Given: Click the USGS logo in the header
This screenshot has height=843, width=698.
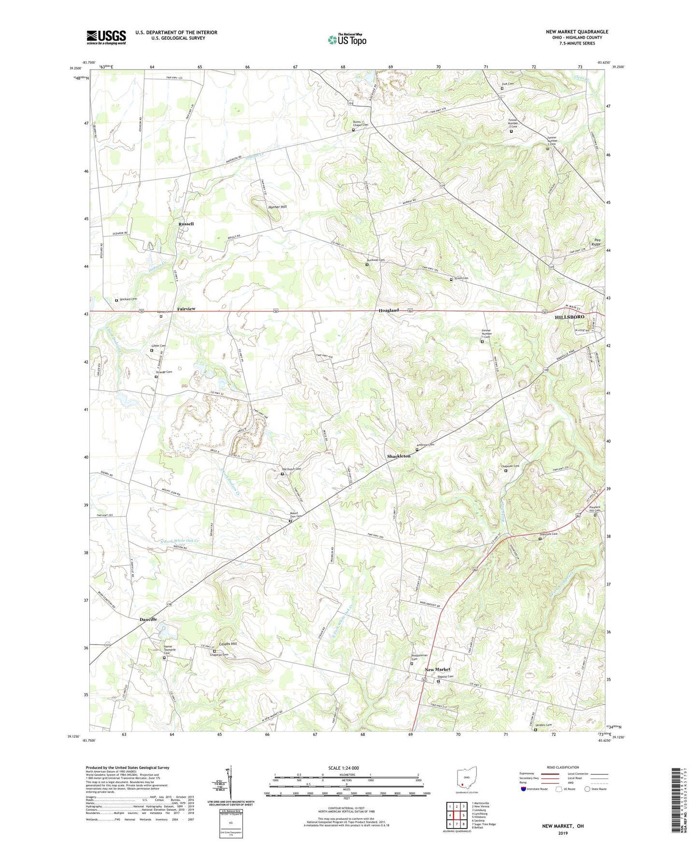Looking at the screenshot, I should [x=106, y=37].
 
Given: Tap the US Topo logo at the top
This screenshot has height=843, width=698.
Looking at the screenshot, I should [x=346, y=40].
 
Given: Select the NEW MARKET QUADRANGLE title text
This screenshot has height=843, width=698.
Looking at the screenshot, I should [x=577, y=32].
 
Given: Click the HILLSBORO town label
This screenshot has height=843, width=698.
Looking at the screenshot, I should [x=570, y=317].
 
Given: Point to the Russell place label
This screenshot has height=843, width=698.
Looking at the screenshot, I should [x=186, y=224].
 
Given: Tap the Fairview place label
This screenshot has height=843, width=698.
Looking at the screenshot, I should [x=186, y=309].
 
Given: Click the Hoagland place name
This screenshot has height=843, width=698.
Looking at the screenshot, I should [x=388, y=310].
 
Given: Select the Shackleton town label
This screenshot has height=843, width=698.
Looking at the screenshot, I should [x=399, y=456].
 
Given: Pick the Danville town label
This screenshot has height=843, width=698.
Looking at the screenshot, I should [x=148, y=619].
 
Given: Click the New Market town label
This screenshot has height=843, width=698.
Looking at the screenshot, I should [x=437, y=669].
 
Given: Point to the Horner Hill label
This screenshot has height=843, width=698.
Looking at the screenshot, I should [x=277, y=207].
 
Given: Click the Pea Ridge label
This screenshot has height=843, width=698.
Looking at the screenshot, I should [x=597, y=242].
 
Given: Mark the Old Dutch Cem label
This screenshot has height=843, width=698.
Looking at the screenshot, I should [x=292, y=469].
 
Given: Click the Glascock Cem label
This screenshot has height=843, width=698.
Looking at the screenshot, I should [x=548, y=534].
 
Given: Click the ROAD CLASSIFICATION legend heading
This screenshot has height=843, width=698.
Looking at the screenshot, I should [x=562, y=767].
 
